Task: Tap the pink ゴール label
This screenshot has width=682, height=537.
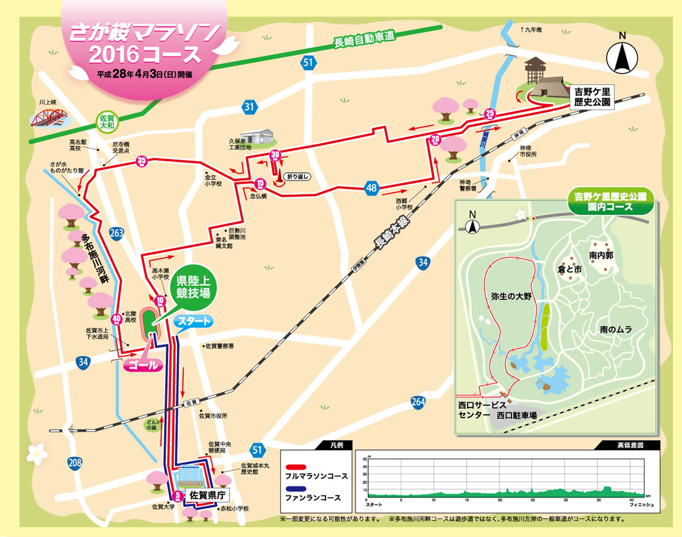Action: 143,365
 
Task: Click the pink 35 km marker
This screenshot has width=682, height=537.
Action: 142,162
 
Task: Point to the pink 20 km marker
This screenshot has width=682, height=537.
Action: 436,139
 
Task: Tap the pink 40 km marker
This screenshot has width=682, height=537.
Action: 116,320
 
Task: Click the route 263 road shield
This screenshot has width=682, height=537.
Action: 116,232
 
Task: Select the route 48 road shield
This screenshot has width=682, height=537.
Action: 372,188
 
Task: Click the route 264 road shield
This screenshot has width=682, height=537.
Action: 418,402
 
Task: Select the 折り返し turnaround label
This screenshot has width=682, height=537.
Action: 298,177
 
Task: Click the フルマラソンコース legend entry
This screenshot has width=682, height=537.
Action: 318,475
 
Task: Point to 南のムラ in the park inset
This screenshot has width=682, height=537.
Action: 616,329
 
